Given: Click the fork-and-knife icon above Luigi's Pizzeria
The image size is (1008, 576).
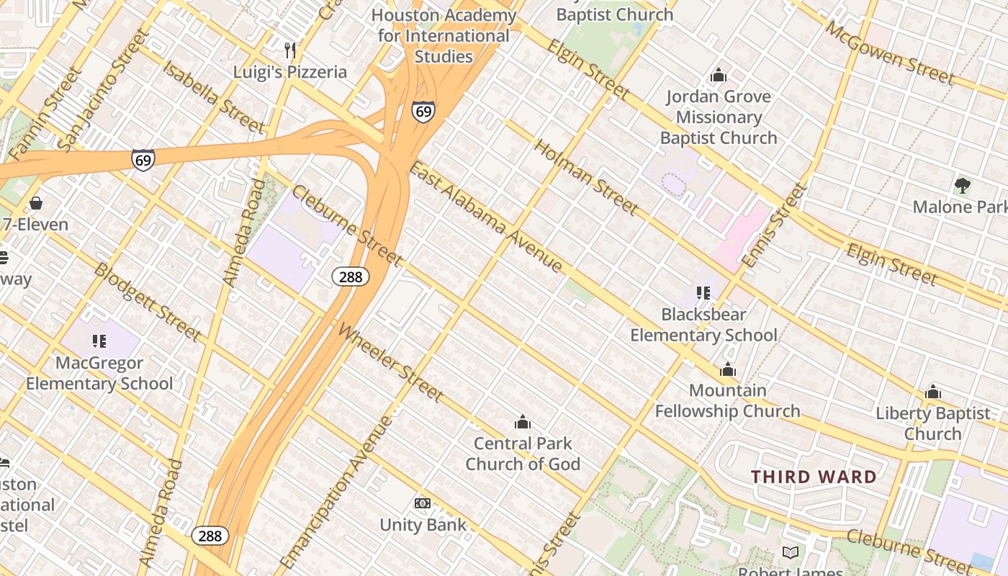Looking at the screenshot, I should (x=290, y=50).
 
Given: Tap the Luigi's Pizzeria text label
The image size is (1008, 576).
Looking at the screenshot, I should (x=290, y=72).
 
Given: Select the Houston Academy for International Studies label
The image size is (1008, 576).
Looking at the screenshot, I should (x=444, y=35).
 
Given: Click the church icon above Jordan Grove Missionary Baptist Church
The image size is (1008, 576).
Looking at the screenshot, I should (x=718, y=75).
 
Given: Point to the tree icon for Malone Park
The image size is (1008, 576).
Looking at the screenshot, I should (x=962, y=186).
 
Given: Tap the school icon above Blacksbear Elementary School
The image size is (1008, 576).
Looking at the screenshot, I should (x=703, y=293).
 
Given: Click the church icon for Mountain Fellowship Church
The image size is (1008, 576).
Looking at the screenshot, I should (x=728, y=370).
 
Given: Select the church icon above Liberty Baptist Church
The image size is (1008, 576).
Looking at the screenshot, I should (x=933, y=392).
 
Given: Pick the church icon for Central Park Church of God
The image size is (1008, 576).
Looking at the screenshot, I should (x=523, y=422).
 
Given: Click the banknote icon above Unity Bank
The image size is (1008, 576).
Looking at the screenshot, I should (x=423, y=503).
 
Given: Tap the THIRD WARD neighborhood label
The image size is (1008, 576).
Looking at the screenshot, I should (x=814, y=477).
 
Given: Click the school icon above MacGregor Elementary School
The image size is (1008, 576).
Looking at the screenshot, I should (x=99, y=341).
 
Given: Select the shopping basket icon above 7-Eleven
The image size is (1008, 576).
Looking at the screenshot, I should (x=36, y=203).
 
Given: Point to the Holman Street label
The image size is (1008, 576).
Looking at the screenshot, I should (x=585, y=177).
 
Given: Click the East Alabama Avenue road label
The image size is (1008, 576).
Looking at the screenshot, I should (x=485, y=217).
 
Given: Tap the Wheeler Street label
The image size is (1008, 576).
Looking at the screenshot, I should (x=390, y=363).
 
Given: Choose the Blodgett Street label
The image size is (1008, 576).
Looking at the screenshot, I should (x=147, y=302).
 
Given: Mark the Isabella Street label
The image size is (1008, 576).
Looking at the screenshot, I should (x=214, y=96).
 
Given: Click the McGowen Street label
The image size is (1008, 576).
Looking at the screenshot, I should (x=890, y=53).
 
